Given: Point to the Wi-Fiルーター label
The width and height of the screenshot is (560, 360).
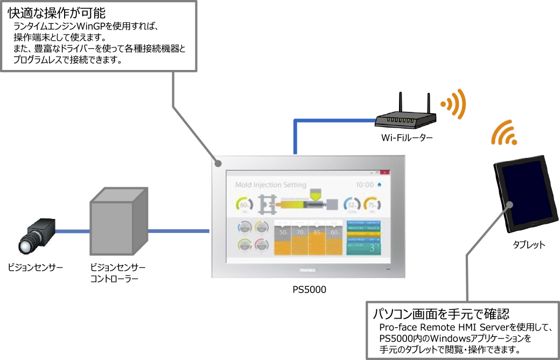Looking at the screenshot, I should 407,138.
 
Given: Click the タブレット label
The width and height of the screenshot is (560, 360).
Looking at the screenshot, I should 529,245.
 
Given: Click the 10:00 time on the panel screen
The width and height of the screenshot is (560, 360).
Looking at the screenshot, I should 365,185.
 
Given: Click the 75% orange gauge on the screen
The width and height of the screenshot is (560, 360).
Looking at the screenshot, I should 372,204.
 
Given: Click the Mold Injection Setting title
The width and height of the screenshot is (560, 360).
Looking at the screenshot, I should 271,185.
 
